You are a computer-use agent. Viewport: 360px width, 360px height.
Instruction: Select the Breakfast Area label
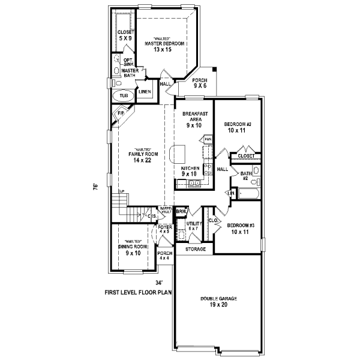click(193, 119)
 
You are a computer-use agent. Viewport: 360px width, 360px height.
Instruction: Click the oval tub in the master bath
click(123, 96)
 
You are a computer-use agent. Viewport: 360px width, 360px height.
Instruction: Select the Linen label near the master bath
click(145, 92)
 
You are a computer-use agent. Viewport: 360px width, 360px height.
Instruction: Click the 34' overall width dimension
click(159, 282)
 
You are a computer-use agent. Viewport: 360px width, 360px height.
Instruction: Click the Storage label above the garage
click(195, 249)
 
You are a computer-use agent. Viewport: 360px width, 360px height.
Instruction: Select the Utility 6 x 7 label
click(193, 226)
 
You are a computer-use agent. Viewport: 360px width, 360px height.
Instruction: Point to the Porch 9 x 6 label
click(199, 83)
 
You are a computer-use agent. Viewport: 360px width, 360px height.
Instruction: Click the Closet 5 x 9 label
click(125, 35)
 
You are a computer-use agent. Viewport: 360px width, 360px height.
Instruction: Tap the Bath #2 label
click(245, 176)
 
